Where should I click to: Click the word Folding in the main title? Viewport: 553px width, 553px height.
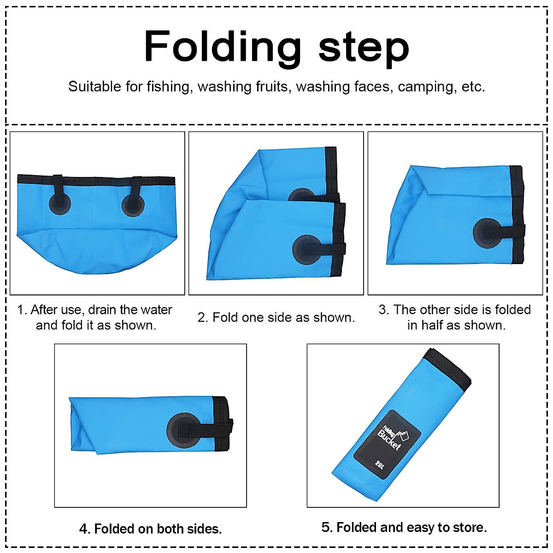coord(223,47)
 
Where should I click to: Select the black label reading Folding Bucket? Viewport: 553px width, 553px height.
coord(388,439)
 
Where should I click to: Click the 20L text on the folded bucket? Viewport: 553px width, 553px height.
coord(379,465)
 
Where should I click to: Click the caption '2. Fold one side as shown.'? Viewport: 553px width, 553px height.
coord(276,318)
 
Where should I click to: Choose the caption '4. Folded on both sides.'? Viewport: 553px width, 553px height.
coord(150,529)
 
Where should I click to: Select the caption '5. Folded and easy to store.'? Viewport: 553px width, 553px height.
coord(404,527)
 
